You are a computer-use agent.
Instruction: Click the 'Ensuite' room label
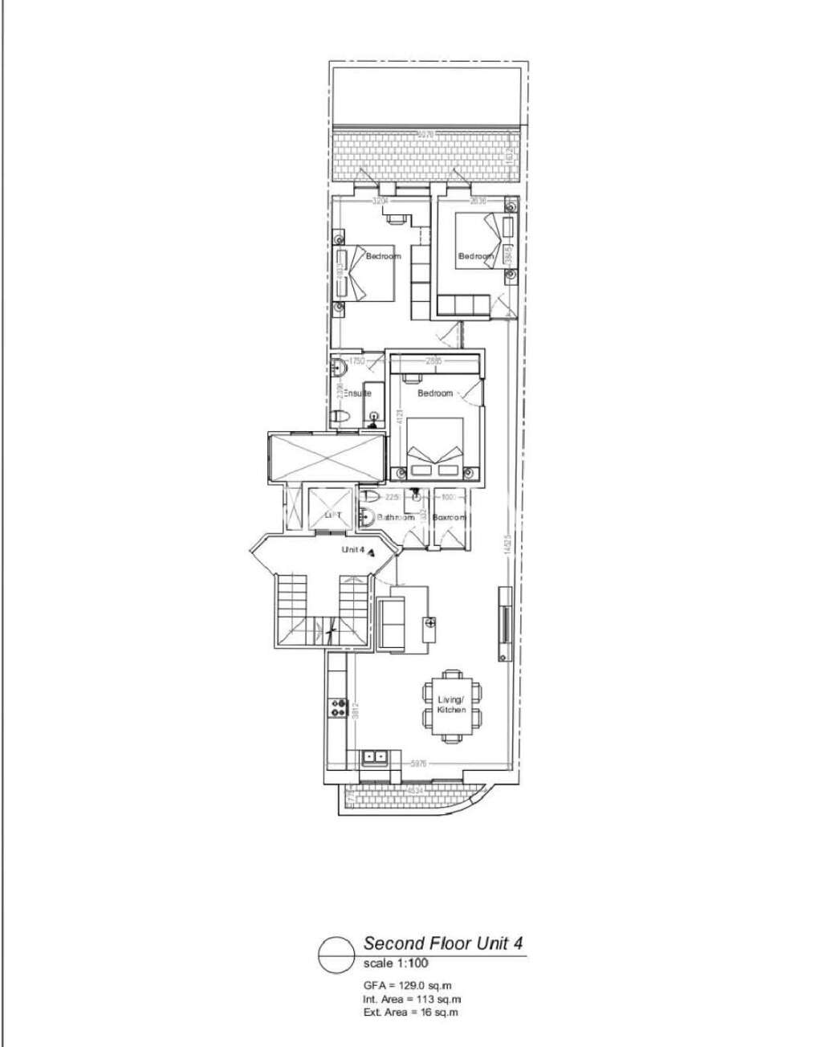point(358,394)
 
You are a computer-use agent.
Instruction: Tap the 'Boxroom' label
point(449,518)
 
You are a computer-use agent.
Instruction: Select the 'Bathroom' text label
point(396,518)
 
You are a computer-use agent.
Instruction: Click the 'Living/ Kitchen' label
point(451,706)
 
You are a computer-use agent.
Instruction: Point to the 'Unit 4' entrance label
point(353,550)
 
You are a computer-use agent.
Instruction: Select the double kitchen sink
point(374,756)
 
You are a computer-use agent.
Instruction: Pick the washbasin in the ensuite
point(340,369)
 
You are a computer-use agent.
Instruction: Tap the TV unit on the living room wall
point(504,623)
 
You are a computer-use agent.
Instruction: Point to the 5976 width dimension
point(417,764)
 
